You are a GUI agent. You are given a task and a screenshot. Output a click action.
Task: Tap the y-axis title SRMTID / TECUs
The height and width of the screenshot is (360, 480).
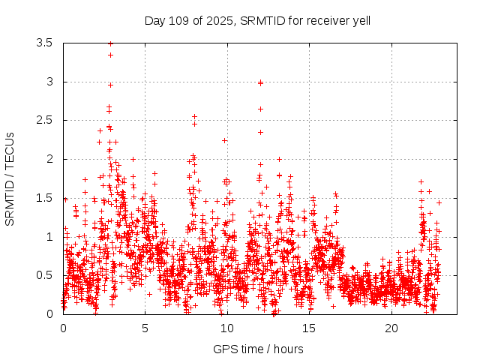(10, 178)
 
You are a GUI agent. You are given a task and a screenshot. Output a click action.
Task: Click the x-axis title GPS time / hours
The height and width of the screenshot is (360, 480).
(258, 349)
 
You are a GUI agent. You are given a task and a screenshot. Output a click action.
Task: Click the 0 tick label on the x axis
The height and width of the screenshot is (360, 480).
(63, 328)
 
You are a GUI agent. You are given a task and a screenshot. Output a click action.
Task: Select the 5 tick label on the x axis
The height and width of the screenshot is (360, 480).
(145, 328)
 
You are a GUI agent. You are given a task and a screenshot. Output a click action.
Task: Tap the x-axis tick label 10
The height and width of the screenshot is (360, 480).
(227, 328)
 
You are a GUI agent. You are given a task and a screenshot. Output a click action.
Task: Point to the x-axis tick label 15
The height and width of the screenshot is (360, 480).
(309, 328)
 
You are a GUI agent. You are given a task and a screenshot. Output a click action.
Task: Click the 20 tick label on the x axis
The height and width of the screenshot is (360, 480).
(391, 328)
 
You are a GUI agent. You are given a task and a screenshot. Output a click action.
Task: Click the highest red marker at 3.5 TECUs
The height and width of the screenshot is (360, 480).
(110, 43)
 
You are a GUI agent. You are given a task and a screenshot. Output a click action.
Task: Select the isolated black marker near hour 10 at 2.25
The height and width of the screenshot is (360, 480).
(224, 140)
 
